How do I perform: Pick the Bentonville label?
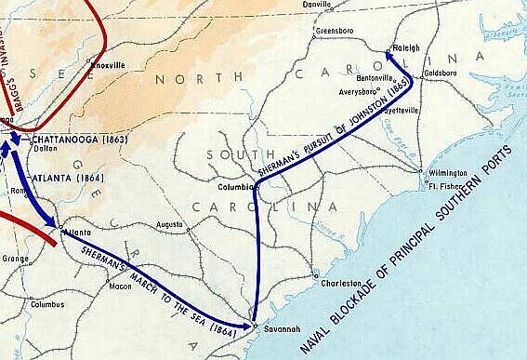coord(377,79)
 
